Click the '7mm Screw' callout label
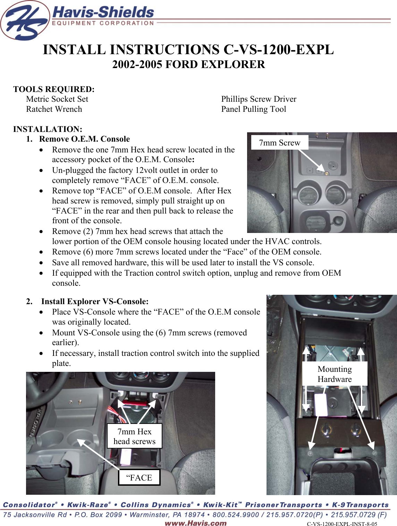279,143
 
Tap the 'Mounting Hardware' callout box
335,374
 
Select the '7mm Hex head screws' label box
134,436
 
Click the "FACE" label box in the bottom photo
139,477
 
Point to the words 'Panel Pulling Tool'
253,109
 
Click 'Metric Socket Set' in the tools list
57,99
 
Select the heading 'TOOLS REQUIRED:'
54,89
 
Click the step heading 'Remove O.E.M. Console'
84,139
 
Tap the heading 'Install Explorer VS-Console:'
95,301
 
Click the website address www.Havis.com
195,523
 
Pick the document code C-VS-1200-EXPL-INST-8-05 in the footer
342,524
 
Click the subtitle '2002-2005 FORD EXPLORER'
188,65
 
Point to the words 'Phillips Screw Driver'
259,99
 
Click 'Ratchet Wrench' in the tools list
54,109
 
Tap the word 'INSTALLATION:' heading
48,129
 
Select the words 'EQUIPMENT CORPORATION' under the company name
103,23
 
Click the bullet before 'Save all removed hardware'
42,263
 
